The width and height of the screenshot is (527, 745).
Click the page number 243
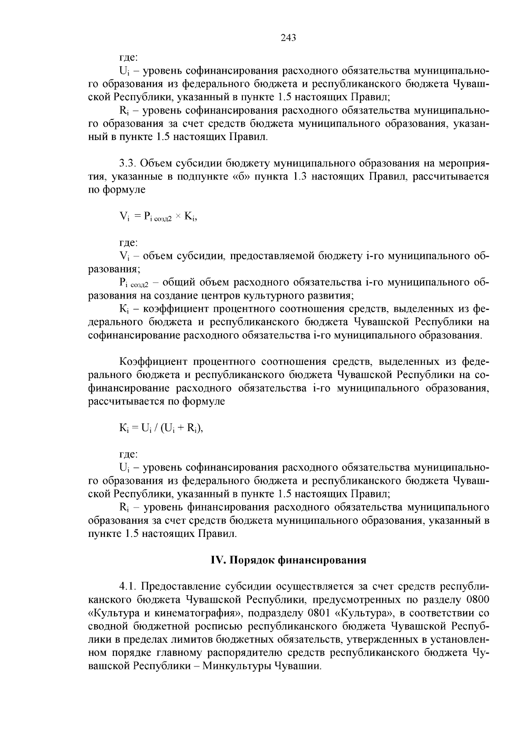289,38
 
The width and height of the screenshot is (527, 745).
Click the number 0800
477,600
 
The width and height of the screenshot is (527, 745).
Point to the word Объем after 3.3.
155,164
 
